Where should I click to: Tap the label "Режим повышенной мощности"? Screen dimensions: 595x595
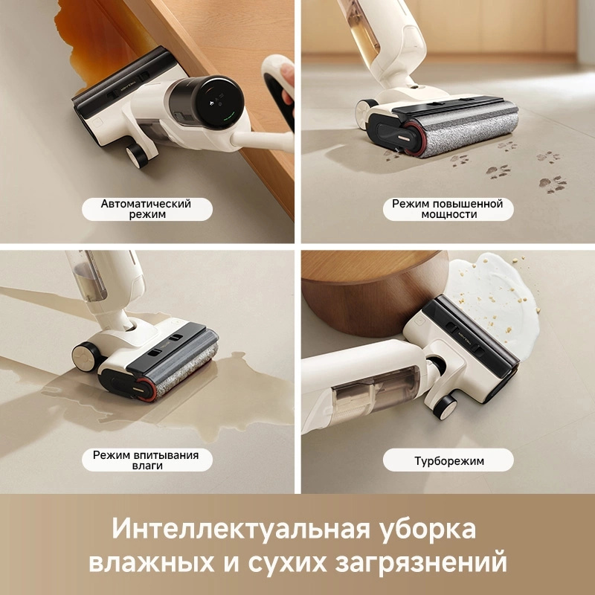(x=447, y=209)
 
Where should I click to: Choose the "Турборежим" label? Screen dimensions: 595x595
(x=448, y=460)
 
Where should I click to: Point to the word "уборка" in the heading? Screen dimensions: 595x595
(x=428, y=530)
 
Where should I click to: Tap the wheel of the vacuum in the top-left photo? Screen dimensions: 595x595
(x=136, y=154)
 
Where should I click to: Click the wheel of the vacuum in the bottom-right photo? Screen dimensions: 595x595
(x=445, y=405)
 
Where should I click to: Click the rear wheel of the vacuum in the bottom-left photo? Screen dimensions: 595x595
(x=87, y=356)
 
